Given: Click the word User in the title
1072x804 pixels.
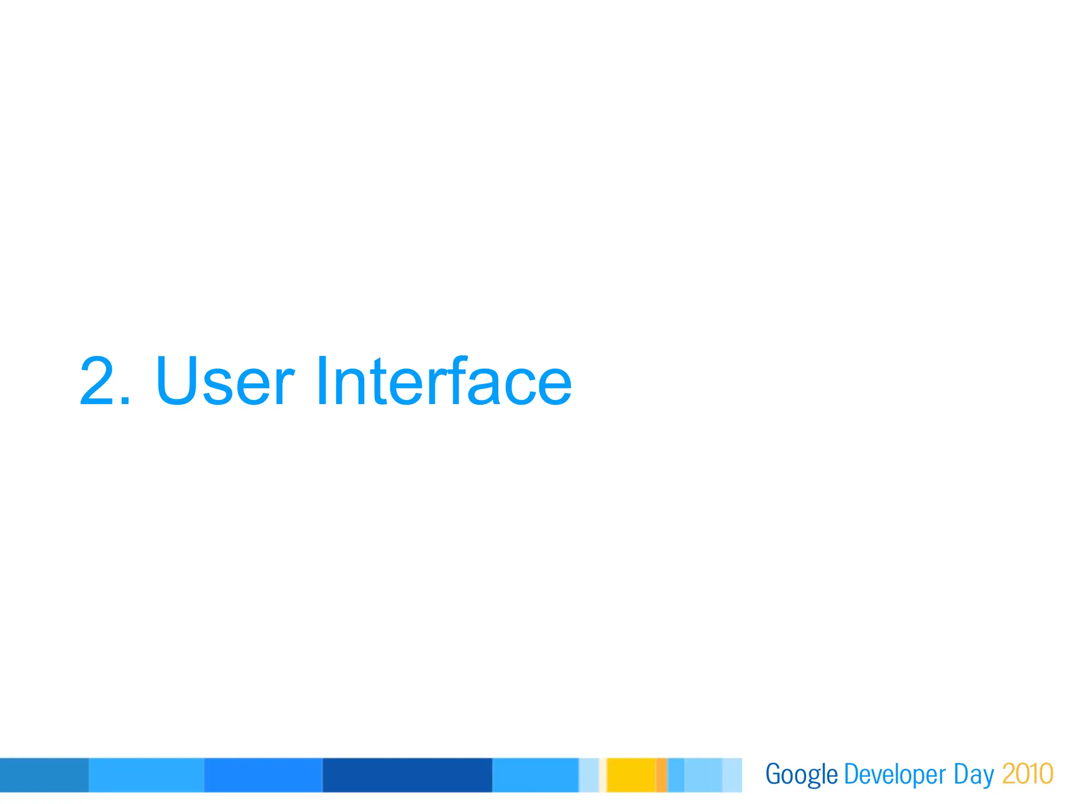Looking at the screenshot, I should click(225, 381).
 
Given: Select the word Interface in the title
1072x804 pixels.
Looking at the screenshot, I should click(443, 381).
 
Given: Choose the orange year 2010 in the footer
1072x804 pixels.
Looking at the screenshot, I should click(1027, 774).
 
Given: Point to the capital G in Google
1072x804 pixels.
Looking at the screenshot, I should click(773, 774).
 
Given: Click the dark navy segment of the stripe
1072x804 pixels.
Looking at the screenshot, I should click(407, 775).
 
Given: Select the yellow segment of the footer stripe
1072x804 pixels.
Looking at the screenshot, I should click(631, 775).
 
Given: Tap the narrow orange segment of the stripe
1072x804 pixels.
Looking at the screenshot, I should click(662, 775).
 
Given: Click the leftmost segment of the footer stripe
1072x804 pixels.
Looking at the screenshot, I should click(44, 775).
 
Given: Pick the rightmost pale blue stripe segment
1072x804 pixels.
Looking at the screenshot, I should click(732, 775).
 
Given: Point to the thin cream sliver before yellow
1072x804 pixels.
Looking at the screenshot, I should click(602, 775).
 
